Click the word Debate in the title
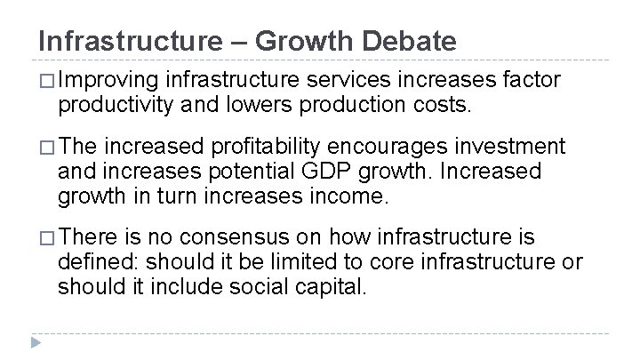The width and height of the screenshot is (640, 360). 411,41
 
